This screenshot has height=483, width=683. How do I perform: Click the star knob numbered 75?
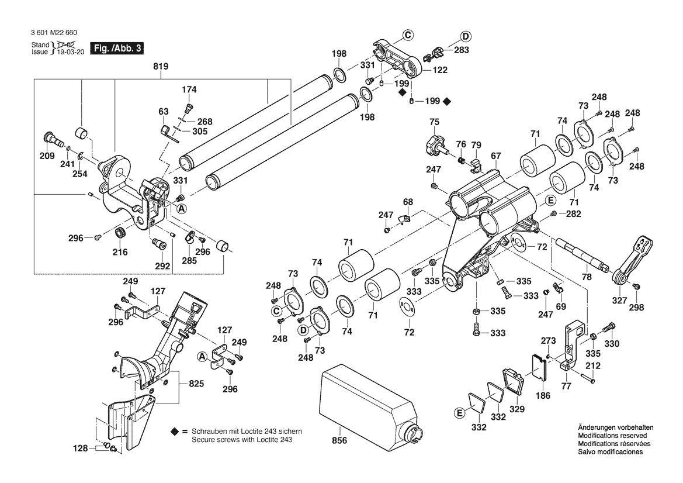click(435, 142)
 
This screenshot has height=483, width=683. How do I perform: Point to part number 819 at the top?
click(161, 67)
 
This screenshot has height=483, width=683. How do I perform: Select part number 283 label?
click(461, 50)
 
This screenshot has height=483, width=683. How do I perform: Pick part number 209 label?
click(47, 156)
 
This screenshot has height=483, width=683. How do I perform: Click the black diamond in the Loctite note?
click(175, 431)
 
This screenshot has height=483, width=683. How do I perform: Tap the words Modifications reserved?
click(612, 436)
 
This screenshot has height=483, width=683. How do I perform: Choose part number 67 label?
click(496, 156)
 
